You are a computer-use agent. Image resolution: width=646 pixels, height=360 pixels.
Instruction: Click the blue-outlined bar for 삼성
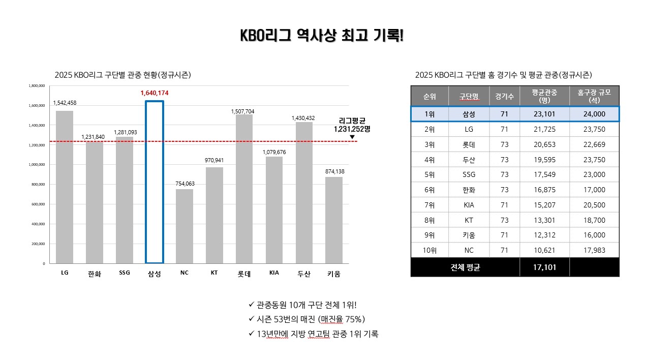pos(155,182)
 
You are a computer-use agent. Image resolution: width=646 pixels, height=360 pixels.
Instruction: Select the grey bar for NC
pos(184,226)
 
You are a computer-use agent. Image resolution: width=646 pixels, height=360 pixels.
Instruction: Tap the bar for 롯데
pos(244,189)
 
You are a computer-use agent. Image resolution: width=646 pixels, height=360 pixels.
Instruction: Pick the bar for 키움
pos(334,220)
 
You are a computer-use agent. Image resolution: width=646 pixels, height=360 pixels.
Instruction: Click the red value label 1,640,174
pos(155,93)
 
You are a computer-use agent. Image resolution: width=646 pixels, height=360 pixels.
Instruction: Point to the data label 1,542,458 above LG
pos(65,103)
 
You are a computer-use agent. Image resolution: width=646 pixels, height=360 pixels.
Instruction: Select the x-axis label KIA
pos(274,273)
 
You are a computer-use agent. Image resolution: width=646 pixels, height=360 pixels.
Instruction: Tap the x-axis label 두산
pos(304,274)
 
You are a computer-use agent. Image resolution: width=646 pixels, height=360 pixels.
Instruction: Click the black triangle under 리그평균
pos(352,137)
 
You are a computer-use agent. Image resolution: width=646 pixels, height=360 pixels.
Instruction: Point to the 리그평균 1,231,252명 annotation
pos(352,125)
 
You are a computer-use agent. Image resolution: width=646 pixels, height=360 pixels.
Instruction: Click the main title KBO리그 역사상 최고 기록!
pos(322,36)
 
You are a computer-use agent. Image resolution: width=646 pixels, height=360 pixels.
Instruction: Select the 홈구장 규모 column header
pos(595,96)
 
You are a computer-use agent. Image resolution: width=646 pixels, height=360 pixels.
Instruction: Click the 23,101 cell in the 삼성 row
pos(544,114)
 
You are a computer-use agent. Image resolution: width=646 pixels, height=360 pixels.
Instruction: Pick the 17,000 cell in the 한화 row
pos(595,190)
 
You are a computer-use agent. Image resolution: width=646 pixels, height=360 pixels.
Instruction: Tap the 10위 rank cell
pos(429,250)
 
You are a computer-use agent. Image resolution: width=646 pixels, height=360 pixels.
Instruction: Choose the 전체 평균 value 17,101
pos(544,267)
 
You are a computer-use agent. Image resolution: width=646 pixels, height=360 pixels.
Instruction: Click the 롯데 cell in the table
pos(469,144)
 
